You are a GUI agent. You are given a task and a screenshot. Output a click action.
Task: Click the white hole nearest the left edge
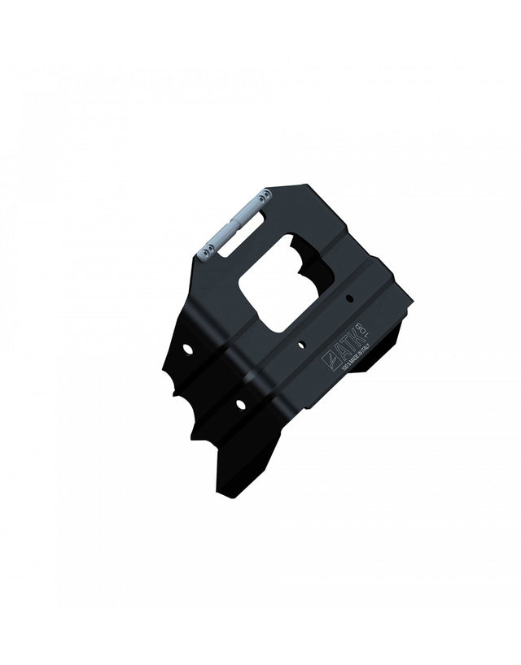coord(188,349)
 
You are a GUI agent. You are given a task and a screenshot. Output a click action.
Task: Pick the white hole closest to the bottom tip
coord(241,403)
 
